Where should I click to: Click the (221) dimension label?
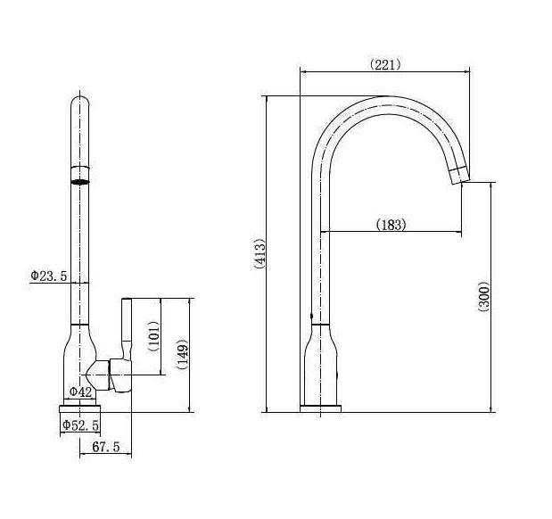[x=384, y=65]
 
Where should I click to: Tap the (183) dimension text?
[x=391, y=225]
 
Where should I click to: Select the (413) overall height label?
[x=260, y=253]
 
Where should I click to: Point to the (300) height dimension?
[x=484, y=296]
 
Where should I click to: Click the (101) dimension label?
[x=154, y=336]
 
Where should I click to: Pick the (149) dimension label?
[x=183, y=354]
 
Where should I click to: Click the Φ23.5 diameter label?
[x=48, y=276]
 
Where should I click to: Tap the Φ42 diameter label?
[x=80, y=391]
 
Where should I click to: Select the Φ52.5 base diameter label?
[x=80, y=425]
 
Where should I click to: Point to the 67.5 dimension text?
[x=106, y=447]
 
